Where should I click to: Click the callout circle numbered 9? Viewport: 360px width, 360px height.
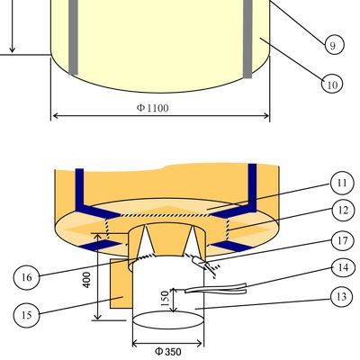[334, 45]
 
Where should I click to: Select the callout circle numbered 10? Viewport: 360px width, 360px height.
[332, 83]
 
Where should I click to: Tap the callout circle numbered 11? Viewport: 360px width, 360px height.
[342, 183]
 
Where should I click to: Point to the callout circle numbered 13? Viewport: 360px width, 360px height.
[342, 296]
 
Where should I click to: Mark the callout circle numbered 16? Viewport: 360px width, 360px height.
[27, 276]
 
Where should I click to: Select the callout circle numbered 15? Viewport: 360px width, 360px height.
[27, 315]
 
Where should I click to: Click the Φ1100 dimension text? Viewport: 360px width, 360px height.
[153, 108]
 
